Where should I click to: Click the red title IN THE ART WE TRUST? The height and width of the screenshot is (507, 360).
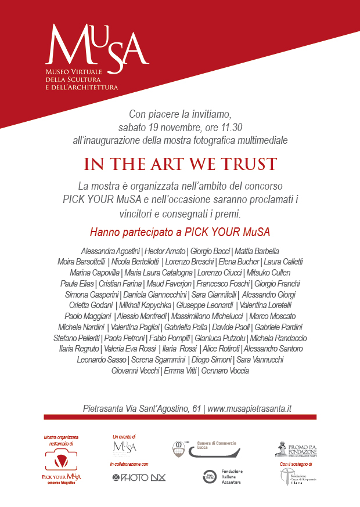coord(180,165)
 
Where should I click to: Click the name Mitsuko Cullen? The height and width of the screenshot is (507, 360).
coord(268,273)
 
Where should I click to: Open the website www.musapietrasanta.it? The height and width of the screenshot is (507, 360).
coord(250,409)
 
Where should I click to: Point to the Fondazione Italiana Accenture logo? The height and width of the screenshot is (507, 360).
coord(223,476)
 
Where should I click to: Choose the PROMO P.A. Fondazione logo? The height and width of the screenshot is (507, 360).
coord(297,449)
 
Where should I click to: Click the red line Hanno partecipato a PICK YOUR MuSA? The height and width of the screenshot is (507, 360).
coord(180,233)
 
